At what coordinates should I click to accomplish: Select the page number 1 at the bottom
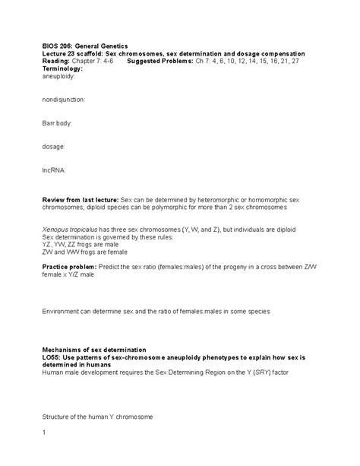[44, 433]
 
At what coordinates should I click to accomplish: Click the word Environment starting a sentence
[62, 312]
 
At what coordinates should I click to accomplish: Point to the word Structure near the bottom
[57, 416]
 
